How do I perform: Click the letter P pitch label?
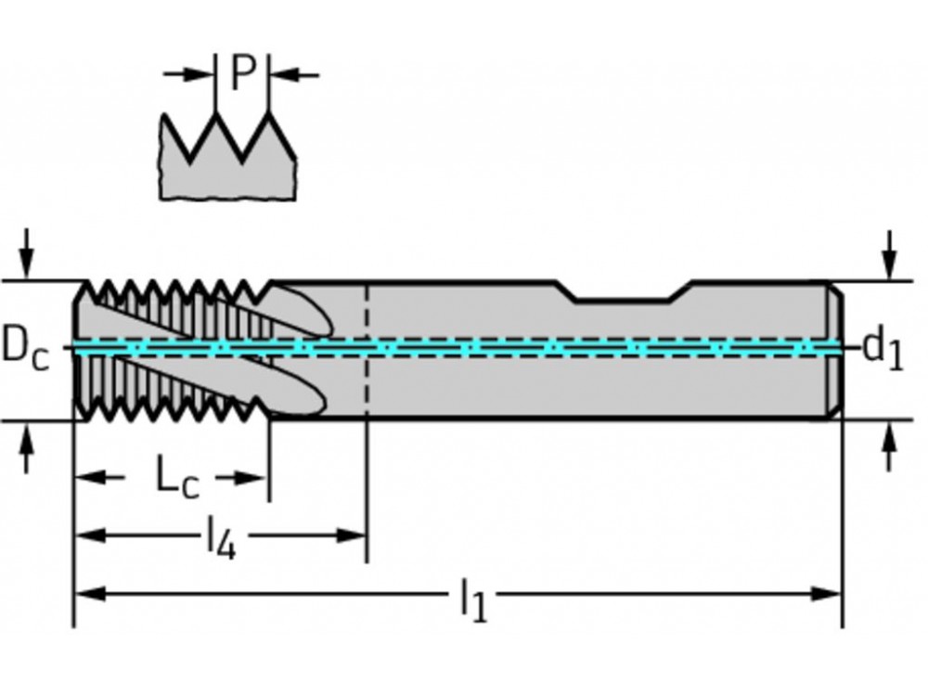coord(241,73)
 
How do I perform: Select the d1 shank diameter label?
coord(882,349)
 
